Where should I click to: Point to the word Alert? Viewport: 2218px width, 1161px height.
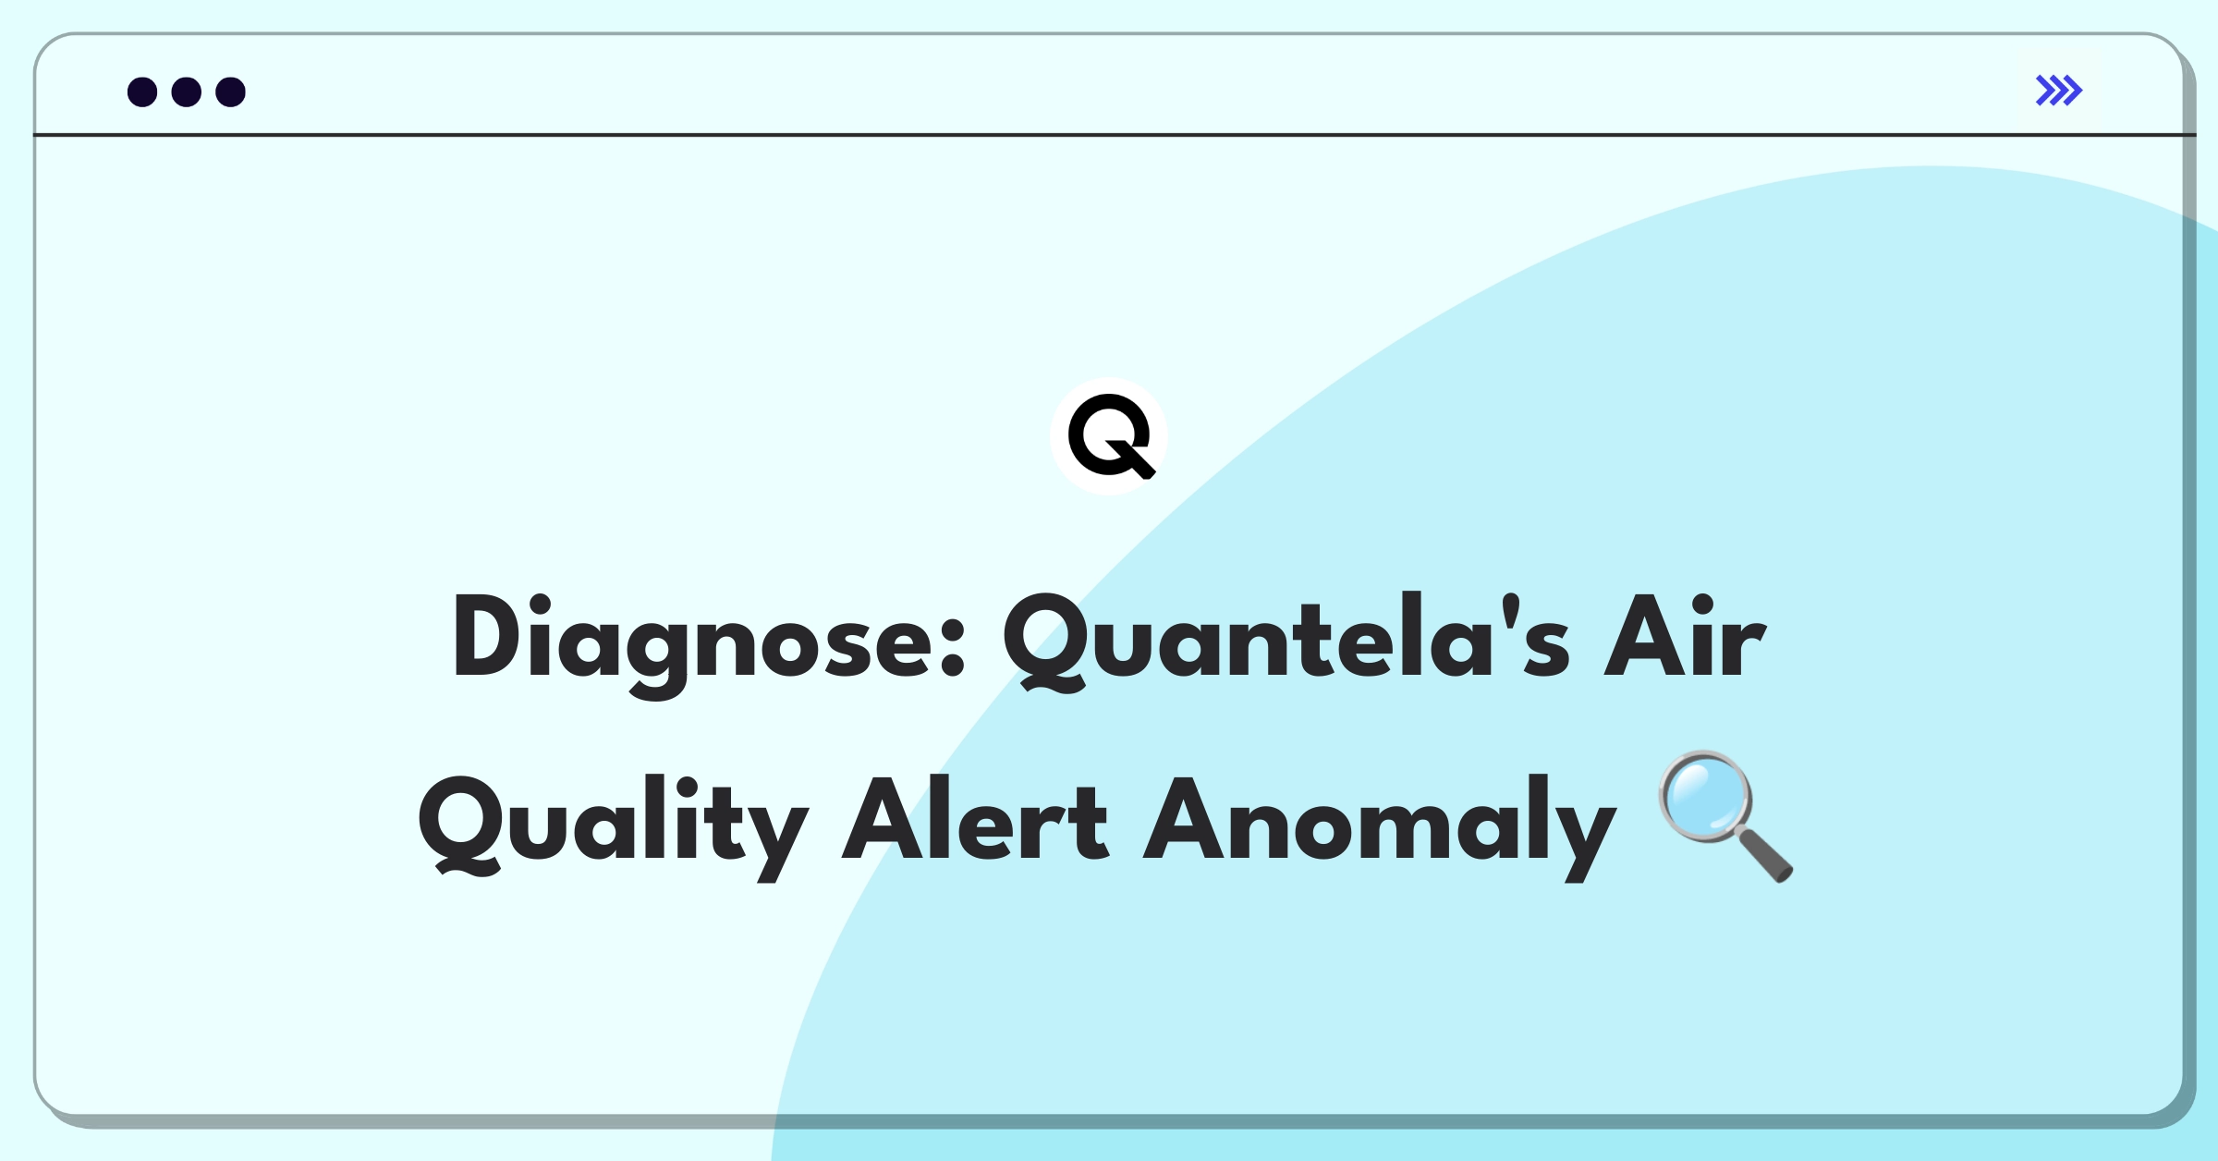pos(975,819)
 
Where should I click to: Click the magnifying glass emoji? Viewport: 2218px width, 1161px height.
pos(1725,815)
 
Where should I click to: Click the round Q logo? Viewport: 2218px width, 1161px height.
pos(1109,436)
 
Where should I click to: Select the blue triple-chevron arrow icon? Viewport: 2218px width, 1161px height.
pos(2058,91)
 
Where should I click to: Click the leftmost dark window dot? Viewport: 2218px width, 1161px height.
pos(142,92)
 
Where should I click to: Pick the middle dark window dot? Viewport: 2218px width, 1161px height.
pos(187,92)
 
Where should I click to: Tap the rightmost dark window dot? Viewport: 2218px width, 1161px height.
pos(231,92)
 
